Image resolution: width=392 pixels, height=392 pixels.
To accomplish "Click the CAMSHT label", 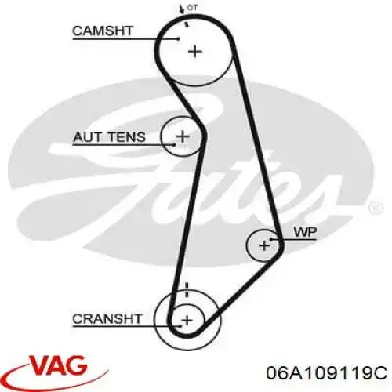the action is pyautogui.click(x=103, y=31).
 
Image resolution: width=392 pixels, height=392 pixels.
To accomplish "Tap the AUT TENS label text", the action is pyautogui.click(x=109, y=137).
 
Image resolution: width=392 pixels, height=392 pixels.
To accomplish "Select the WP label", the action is pyautogui.click(x=305, y=232).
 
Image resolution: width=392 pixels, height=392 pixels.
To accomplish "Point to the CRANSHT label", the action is pyautogui.click(x=107, y=319).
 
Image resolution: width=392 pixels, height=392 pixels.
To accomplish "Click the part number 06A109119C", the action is pyautogui.click(x=326, y=372).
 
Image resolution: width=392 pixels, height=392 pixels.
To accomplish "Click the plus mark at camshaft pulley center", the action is pyautogui.click(x=195, y=52).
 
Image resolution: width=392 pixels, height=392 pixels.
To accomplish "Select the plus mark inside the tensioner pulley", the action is pyautogui.click(x=183, y=136).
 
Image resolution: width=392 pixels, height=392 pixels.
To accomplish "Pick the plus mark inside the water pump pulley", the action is pyautogui.click(x=264, y=245).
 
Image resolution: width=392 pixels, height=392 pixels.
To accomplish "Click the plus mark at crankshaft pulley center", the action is pyautogui.click(x=187, y=320).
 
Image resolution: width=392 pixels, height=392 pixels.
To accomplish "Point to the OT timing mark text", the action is pyautogui.click(x=192, y=8).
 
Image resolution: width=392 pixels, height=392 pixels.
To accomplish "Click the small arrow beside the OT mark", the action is pyautogui.click(x=181, y=9).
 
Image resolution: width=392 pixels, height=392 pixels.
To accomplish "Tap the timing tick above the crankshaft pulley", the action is pyautogui.click(x=187, y=289).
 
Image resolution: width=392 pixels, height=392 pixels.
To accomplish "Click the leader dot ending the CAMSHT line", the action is pyautogui.click(x=179, y=39).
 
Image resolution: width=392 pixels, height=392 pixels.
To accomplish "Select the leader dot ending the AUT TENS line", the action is pyautogui.click(x=175, y=144).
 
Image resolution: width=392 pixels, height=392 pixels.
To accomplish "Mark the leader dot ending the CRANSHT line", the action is pyautogui.click(x=180, y=326).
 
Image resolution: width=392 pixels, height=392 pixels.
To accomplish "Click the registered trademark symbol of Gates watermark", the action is pyautogui.click(x=376, y=209).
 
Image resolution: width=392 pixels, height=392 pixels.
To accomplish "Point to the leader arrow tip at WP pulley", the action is pyautogui.click(x=271, y=239).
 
